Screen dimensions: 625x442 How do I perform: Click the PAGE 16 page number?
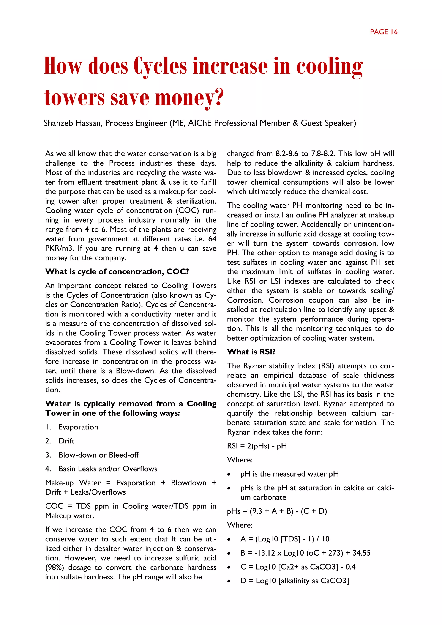point(384,32)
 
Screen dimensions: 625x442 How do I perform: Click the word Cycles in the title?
point(160,66)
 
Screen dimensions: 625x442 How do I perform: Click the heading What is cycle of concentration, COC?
point(117,272)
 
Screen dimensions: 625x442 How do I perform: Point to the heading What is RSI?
point(251,352)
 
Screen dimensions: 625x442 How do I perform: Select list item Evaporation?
point(78,427)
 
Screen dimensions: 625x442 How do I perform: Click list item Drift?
point(66,441)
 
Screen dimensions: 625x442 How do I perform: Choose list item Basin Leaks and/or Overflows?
point(108,469)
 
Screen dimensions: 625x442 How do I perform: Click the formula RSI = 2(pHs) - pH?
point(257,446)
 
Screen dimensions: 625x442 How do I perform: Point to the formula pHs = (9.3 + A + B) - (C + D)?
point(277,511)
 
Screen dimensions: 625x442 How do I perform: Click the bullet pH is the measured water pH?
point(289,474)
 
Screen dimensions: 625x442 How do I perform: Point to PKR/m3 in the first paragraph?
point(60,248)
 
